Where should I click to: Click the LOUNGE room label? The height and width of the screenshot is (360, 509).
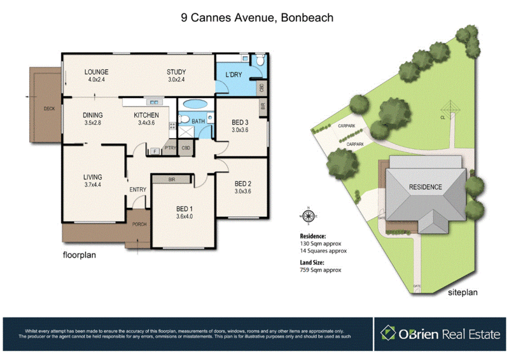point(97,71)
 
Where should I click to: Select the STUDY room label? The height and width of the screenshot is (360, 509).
point(176,71)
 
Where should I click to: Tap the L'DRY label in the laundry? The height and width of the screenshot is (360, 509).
point(230,75)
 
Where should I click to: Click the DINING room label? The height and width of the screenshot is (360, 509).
point(93,115)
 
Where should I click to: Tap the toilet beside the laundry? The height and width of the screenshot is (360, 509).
point(261,61)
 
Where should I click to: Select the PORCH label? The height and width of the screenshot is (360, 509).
point(138,225)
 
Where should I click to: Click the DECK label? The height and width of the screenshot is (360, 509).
point(49,109)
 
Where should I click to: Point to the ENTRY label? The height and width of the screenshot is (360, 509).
point(138,190)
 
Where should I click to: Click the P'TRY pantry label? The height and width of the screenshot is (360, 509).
point(170,148)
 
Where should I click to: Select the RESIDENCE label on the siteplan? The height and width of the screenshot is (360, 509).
point(425,187)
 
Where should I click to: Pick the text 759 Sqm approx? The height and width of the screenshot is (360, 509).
point(321,270)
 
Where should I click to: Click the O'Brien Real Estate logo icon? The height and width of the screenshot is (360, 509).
point(388,332)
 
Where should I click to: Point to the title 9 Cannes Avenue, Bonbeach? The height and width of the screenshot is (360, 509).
point(257,18)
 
